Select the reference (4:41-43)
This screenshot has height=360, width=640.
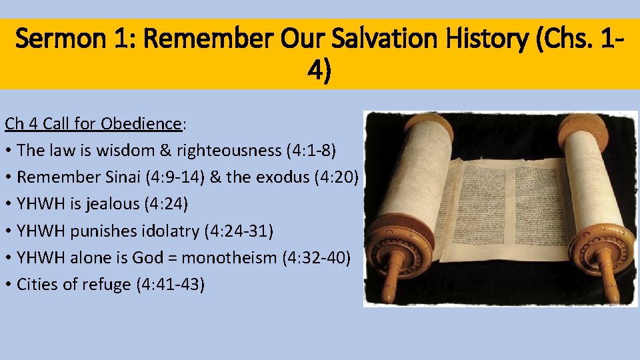pyautogui.click(x=170, y=285)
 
